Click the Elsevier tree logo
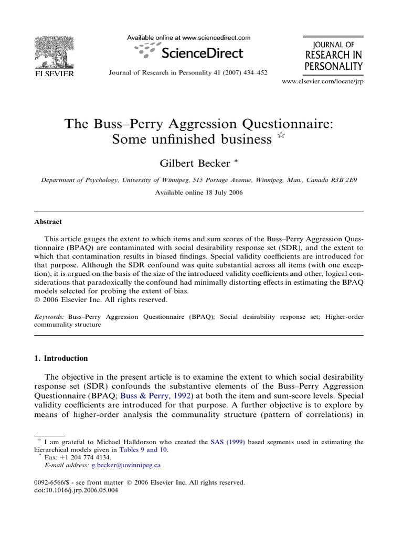54,52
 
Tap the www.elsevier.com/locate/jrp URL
322,82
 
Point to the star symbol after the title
281,136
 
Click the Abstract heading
49,222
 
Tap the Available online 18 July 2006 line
199,192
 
